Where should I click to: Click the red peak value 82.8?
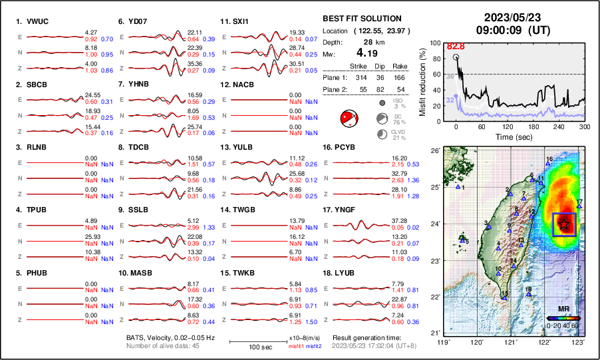point(455,47)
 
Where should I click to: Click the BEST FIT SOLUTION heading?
point(361,19)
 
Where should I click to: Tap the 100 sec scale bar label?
point(249,348)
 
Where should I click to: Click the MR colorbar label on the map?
point(562,309)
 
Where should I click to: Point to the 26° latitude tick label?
point(435,151)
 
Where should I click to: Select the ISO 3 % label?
point(399,103)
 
